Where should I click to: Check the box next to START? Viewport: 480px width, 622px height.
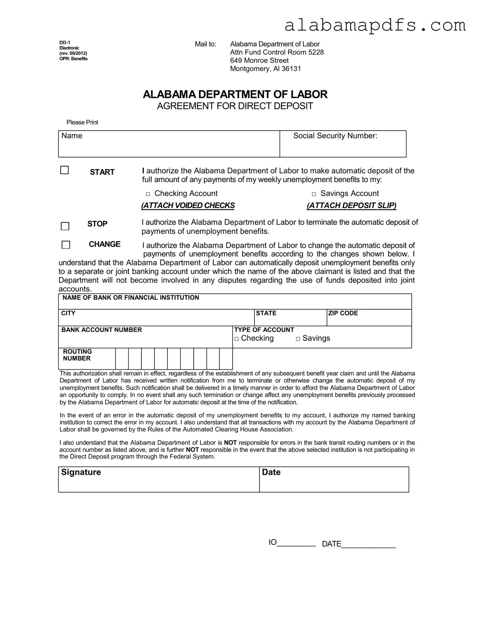pos(64,170)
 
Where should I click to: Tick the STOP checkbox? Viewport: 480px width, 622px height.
pos(65,226)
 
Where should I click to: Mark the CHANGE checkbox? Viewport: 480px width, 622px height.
pos(66,245)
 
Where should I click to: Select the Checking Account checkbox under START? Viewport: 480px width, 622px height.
pos(148,194)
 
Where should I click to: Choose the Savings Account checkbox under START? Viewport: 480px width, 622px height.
pos(314,194)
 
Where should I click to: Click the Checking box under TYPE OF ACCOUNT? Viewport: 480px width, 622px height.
pos(236,339)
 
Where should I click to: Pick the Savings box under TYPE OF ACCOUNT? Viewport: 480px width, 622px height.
pos(298,339)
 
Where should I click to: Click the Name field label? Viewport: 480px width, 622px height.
pos(72,136)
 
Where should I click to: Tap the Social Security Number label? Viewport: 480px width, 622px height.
pos(335,136)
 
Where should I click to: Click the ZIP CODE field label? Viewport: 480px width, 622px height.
pos(343,313)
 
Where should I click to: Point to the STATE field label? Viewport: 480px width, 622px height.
pos(266,313)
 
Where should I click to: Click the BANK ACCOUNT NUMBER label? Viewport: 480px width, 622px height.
pos(101,330)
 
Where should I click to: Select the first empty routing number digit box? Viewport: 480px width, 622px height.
pos(122,359)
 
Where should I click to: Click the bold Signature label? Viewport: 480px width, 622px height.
pos(81,472)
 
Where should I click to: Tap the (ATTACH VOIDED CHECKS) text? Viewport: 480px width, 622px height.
pos(188,206)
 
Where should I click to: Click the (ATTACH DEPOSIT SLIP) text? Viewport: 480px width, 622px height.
pos(352,206)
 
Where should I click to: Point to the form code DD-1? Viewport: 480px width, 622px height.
pos(65,43)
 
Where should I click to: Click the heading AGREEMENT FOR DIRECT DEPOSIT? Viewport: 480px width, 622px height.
pos(235,106)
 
